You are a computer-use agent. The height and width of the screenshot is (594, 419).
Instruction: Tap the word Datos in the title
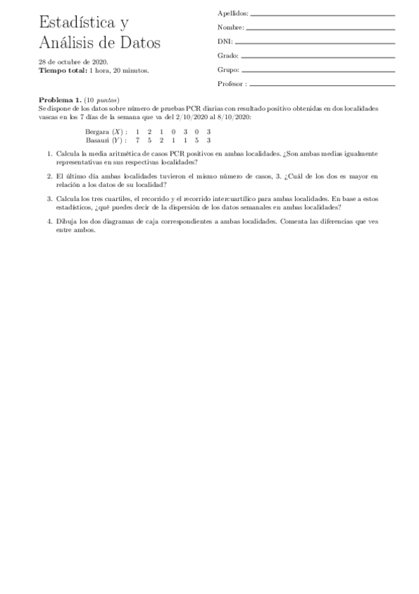click(139, 43)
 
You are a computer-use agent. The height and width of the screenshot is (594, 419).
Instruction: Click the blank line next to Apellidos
click(322, 15)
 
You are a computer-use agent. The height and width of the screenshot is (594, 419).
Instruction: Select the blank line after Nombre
click(321, 29)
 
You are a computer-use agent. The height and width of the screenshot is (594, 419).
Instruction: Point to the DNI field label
click(224, 42)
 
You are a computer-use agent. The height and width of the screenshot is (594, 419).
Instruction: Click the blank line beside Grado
click(318, 56)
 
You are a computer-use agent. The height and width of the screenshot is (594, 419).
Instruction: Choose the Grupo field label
click(229, 70)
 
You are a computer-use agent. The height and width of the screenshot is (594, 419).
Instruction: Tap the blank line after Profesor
click(322, 84)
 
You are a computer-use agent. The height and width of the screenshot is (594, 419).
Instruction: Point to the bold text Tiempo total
click(63, 70)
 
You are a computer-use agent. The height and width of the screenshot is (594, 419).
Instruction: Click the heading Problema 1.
click(60, 101)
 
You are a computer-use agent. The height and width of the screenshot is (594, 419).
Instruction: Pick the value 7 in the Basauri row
click(138, 139)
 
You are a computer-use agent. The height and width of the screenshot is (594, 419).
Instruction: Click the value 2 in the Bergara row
click(150, 132)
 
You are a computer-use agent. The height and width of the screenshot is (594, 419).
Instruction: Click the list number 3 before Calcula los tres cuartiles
click(50, 199)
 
